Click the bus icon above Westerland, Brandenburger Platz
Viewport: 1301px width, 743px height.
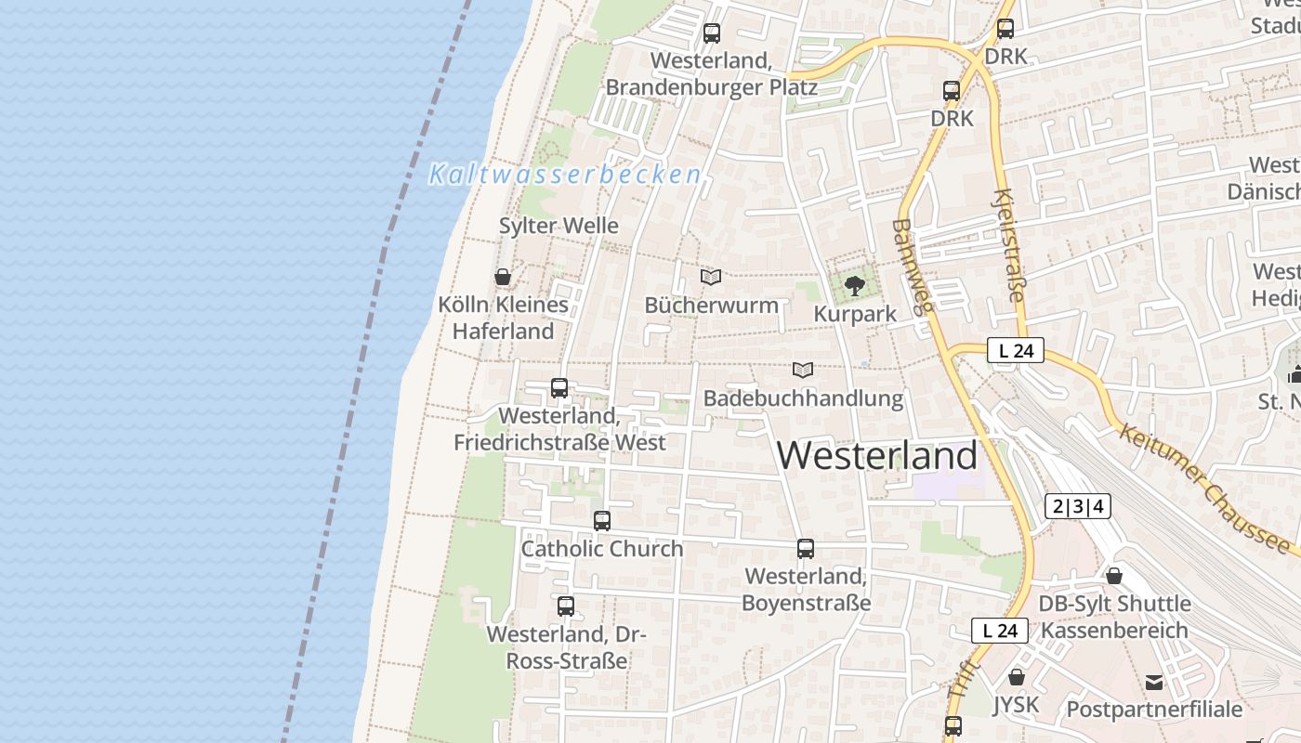712,33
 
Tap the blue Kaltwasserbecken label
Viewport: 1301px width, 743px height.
564,175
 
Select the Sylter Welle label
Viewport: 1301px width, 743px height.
559,226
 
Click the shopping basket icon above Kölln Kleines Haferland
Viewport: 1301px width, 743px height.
503,277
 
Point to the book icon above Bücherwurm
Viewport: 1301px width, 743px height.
711,277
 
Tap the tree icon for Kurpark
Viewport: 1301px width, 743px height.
855,285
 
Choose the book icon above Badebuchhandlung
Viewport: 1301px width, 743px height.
803,370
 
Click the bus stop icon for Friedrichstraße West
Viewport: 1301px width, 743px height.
559,388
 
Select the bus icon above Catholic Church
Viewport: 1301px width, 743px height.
602,521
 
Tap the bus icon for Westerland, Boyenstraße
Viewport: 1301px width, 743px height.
806,549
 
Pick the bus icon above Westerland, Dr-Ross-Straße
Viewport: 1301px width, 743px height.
566,606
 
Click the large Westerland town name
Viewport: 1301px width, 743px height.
877,456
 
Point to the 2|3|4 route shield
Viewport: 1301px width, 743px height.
1078,506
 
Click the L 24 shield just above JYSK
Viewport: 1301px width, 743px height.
1000,631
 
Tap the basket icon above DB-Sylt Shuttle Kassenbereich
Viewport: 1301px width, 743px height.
1114,576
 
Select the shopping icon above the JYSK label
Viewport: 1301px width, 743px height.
1017,677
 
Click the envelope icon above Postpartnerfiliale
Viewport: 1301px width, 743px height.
1154,683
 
